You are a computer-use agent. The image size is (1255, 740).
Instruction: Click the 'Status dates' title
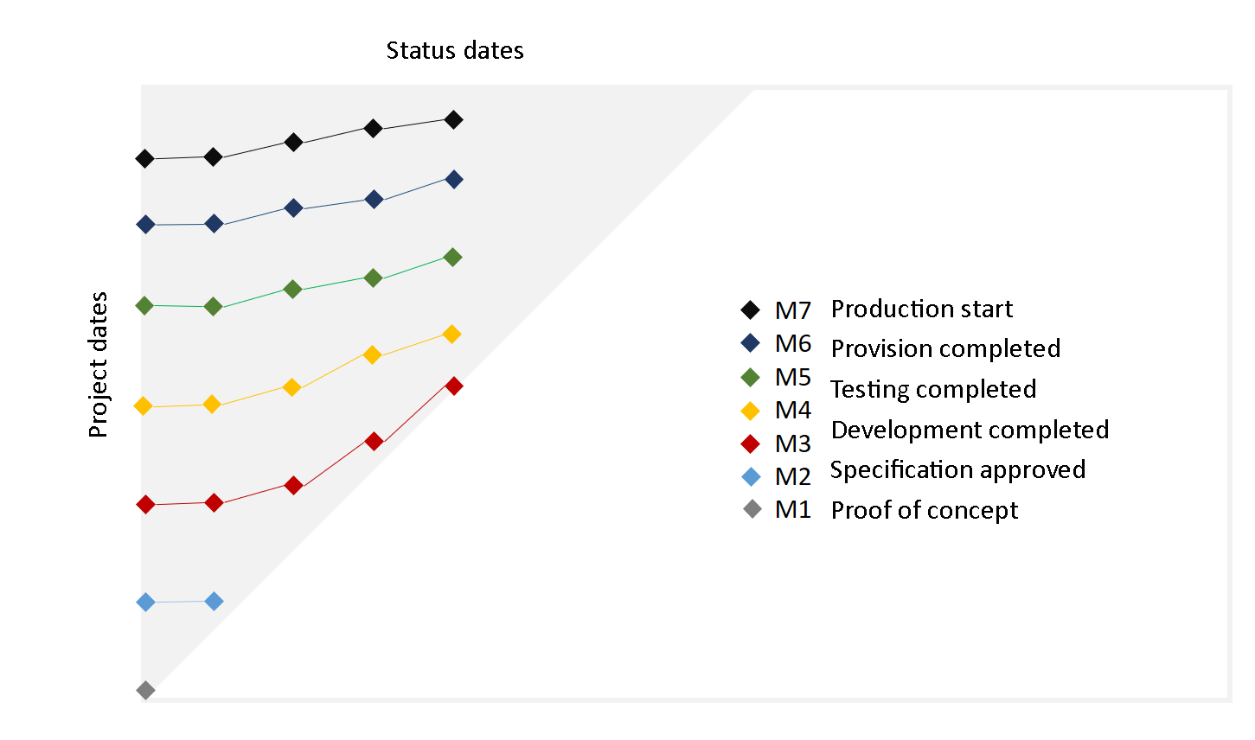tap(455, 51)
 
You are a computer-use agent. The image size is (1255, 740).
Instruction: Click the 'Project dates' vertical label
tap(99, 365)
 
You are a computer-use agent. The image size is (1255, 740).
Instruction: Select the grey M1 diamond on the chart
tap(146, 690)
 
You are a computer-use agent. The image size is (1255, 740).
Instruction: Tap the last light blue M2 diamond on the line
tap(214, 601)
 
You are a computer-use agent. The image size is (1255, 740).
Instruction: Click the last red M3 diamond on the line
tap(453, 386)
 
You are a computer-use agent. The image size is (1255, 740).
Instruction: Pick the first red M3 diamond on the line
tap(146, 504)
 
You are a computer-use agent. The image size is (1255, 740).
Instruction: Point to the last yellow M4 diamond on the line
tap(451, 334)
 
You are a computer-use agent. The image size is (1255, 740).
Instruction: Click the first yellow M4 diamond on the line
tap(144, 406)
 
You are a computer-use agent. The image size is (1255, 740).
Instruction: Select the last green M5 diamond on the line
tap(452, 257)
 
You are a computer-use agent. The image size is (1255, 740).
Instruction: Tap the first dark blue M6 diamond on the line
tap(146, 225)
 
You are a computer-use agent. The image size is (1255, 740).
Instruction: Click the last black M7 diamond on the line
tap(453, 119)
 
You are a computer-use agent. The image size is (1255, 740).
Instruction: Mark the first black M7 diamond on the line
tap(145, 158)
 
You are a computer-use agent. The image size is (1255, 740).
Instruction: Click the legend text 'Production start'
tap(921, 309)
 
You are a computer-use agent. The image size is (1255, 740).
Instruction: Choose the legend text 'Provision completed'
tap(945, 348)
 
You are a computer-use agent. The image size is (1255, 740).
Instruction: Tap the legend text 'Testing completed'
tap(933, 389)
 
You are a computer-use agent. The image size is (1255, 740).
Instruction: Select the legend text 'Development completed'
tap(970, 430)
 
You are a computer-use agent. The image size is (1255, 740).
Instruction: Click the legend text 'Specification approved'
tap(957, 469)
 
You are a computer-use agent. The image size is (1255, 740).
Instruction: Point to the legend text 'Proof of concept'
tap(924, 510)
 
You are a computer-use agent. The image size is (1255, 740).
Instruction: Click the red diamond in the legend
tap(751, 443)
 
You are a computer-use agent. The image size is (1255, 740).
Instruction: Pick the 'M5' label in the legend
tap(793, 377)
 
